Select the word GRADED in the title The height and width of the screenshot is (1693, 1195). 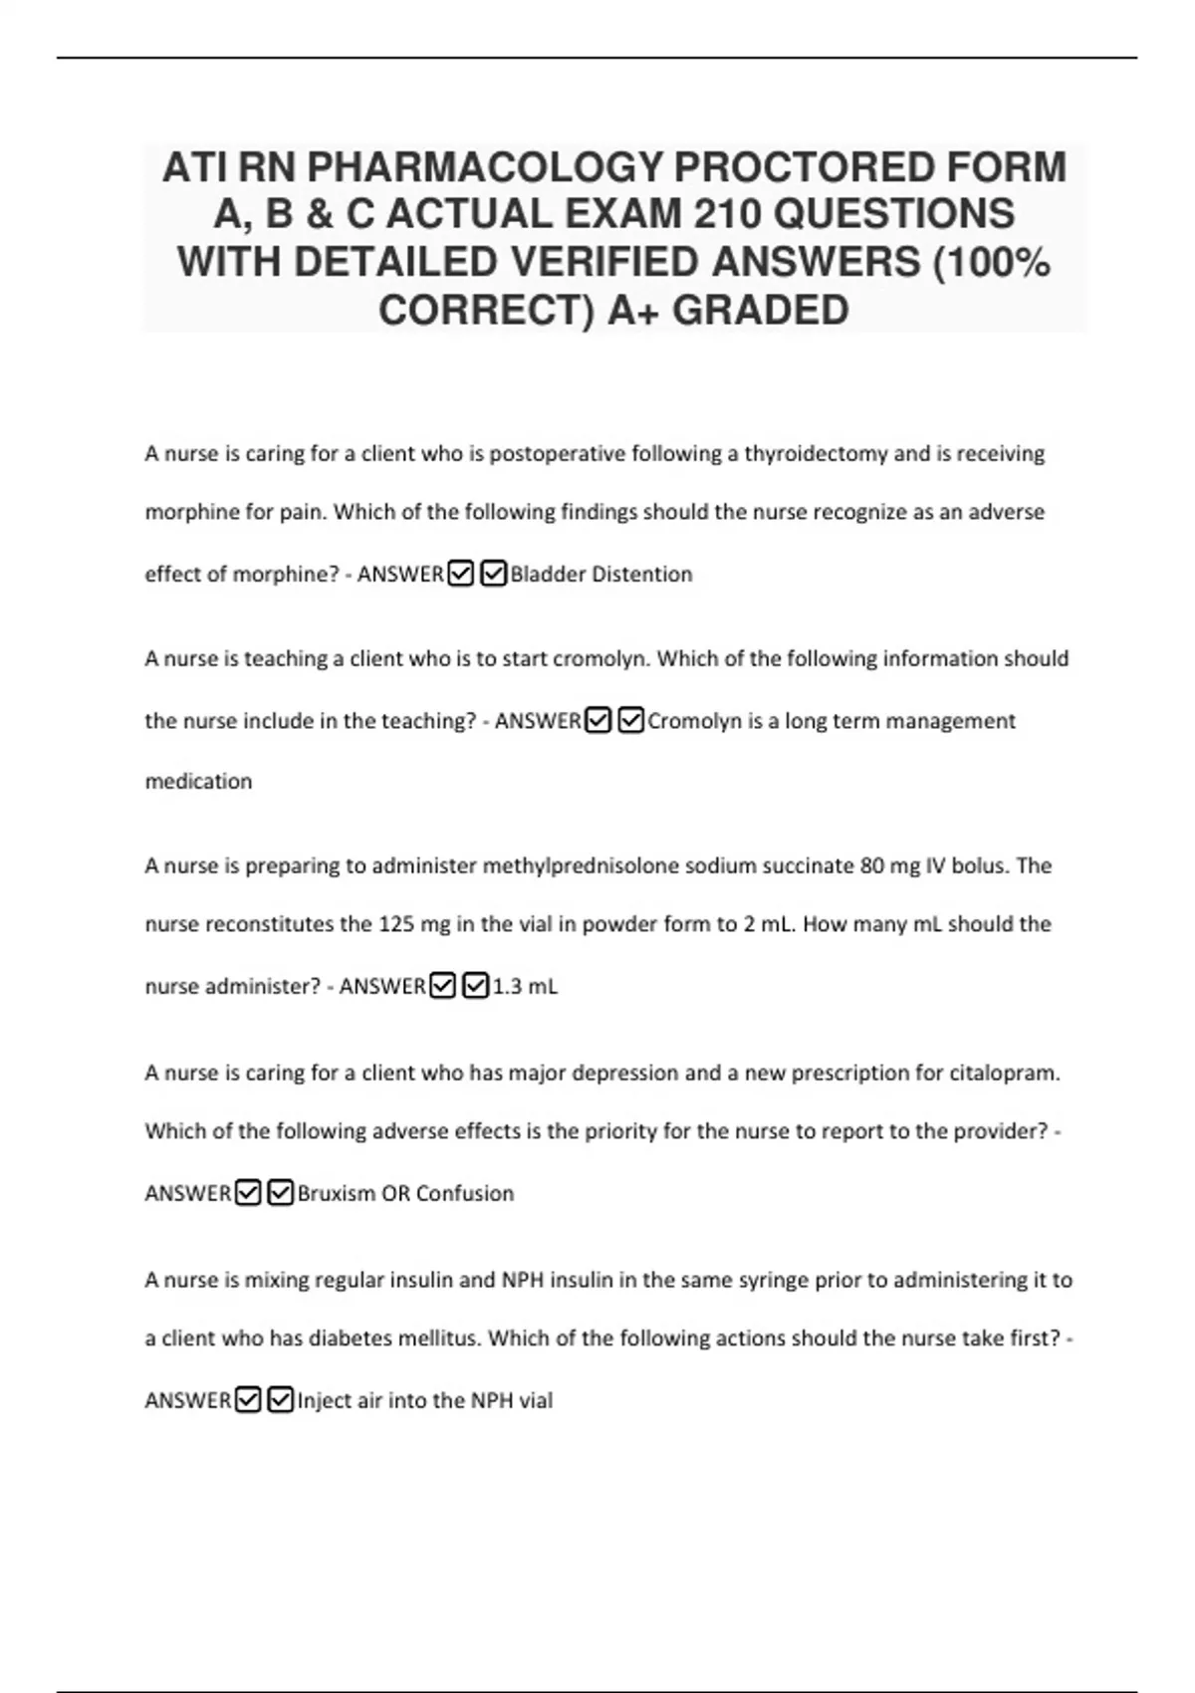[760, 310]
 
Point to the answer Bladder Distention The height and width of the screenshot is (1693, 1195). [600, 575]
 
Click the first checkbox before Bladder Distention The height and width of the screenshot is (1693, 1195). [460, 575]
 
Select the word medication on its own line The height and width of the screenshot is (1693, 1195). [198, 782]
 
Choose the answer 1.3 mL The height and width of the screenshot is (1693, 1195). [525, 987]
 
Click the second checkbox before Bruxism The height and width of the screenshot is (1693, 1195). [281, 1193]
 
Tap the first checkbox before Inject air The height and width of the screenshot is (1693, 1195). [248, 1401]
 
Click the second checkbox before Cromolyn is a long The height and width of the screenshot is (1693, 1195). [630, 721]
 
